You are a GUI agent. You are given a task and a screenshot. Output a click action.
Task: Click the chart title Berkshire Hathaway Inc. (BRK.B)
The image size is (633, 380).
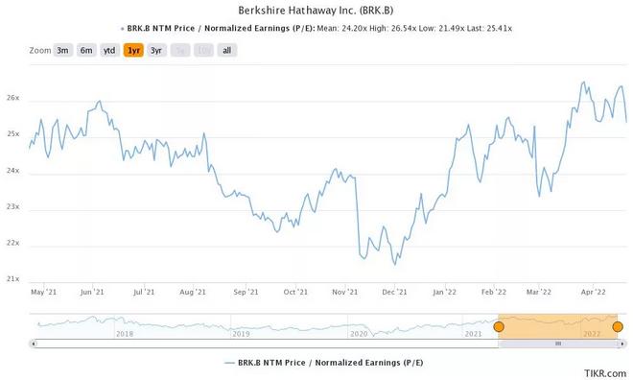(316, 10)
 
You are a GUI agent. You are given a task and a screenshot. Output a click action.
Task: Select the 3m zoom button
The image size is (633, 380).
(63, 50)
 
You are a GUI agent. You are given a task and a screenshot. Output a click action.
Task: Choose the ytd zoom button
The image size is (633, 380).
(110, 50)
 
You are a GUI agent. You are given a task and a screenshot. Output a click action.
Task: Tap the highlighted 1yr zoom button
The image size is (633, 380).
(133, 50)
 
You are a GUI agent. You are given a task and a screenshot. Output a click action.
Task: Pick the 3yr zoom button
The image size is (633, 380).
(156, 50)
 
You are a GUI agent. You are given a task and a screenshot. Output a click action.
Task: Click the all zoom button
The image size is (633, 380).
(227, 50)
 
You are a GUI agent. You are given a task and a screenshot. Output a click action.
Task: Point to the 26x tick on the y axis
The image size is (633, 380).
(12, 99)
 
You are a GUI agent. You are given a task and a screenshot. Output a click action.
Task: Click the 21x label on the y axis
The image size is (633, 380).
(12, 279)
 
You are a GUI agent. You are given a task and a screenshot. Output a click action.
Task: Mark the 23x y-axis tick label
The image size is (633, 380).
(12, 207)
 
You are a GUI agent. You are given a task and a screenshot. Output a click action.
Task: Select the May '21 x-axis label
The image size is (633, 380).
(43, 291)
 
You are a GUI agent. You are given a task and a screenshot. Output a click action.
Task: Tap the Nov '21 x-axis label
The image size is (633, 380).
(344, 291)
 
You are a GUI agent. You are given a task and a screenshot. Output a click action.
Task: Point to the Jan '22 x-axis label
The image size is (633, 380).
(444, 291)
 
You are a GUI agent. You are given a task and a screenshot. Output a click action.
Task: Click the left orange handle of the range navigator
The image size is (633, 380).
(498, 327)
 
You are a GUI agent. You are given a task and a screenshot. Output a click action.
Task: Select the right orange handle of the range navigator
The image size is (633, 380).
(617, 327)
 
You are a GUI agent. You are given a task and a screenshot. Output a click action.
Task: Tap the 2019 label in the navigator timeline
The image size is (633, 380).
(241, 333)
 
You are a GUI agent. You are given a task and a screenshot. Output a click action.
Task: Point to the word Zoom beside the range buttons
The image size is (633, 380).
(40, 50)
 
